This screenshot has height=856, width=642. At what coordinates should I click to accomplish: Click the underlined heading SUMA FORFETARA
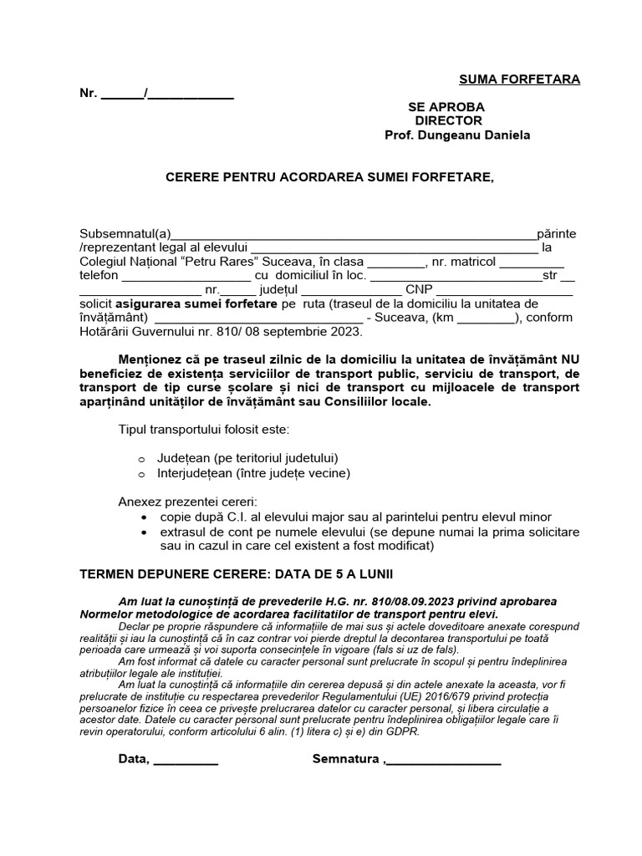519,79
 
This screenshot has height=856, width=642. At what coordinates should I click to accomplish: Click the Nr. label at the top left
89,94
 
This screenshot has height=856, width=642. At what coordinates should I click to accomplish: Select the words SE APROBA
446,107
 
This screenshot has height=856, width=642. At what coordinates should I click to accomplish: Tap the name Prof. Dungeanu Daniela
456,135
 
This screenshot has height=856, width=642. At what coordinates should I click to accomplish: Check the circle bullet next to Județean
141,459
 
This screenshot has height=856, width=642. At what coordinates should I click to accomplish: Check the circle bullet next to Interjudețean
141,474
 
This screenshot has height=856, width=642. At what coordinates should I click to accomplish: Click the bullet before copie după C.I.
146,517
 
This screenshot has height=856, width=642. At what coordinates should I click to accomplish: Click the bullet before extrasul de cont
146,532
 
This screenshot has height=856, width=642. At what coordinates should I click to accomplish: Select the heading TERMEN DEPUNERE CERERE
186,575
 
